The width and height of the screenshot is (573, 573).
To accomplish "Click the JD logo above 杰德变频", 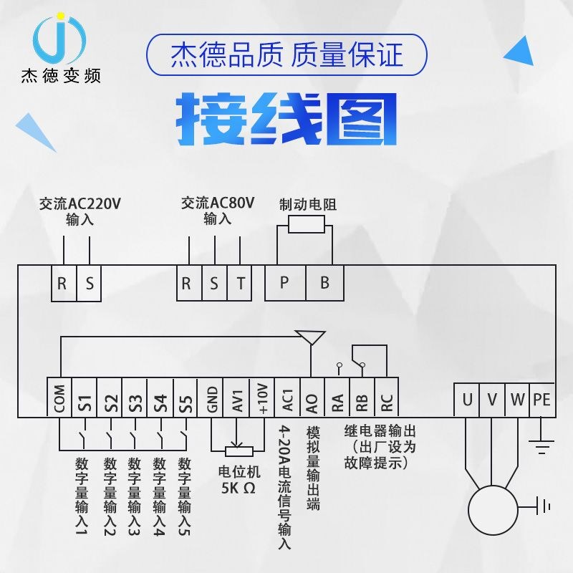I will click(60, 39).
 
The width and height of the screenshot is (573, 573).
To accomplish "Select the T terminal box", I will click(240, 283).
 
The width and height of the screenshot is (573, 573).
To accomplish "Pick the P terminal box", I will click(284, 283).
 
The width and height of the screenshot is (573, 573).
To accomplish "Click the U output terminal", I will click(467, 400).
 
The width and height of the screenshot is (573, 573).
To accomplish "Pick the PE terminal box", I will click(541, 400).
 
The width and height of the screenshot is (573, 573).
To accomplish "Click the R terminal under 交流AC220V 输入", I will click(62, 283).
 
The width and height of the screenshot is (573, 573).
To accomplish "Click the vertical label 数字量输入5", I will click(185, 497).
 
